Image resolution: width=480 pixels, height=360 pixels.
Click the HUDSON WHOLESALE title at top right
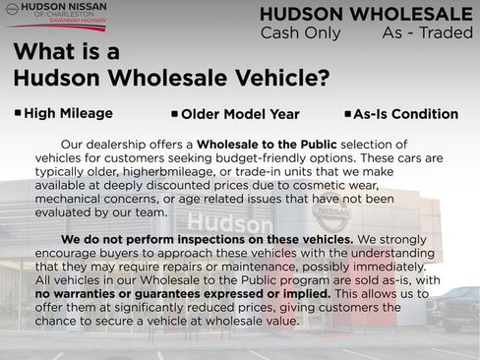pos(366,14)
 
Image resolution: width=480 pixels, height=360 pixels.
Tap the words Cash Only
pos(300,33)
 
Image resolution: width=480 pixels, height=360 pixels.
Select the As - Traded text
pos(427,33)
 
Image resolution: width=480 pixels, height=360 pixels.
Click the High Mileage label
pos(68,114)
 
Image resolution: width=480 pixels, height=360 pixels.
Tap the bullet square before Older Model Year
pos(174,114)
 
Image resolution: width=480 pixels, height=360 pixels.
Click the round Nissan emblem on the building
pos(331,213)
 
